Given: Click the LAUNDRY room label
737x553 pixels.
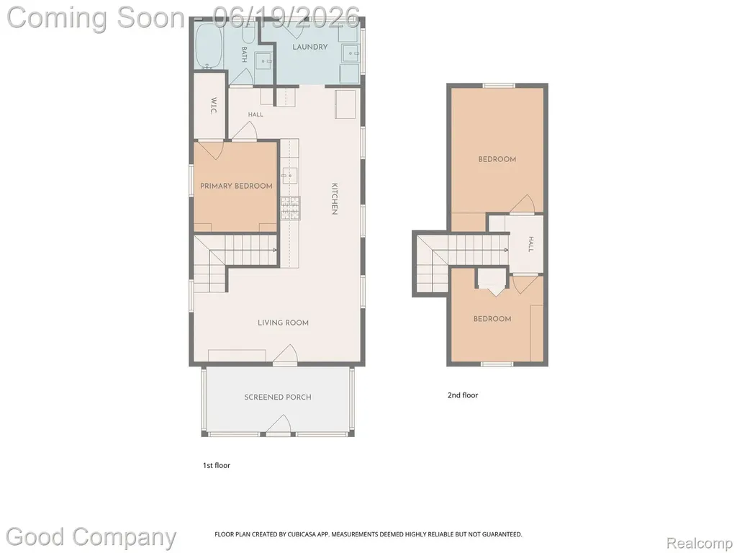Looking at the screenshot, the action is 309,47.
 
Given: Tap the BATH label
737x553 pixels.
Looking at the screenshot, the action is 245,55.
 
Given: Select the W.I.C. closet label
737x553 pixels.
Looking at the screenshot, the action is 213,107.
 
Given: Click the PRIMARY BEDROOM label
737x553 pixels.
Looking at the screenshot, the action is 236,186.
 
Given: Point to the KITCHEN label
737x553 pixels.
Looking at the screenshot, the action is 334,199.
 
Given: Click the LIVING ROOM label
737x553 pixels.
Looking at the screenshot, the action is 283,323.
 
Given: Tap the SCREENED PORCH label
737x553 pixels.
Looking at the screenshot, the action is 278,397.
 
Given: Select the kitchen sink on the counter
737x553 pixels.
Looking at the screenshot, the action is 289,176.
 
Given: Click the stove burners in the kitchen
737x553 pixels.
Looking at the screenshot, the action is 291,208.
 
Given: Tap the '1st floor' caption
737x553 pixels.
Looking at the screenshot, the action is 216,466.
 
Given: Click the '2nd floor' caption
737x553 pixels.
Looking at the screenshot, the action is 463,395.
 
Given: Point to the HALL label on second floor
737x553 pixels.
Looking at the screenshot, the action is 530,244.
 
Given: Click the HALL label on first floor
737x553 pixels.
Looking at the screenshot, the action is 256,114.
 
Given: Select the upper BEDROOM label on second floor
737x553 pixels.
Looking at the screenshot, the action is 497,159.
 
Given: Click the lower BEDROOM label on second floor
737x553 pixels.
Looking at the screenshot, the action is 492,319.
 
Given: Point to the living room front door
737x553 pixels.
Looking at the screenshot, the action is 285,354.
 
